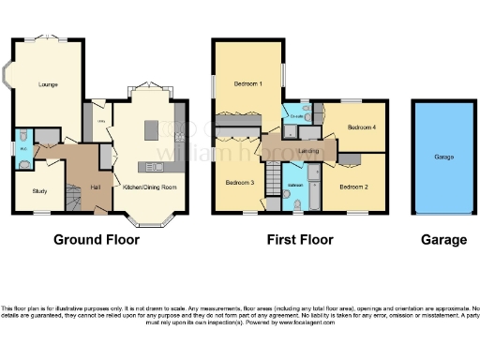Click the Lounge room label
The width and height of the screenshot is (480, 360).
click(x=48, y=85)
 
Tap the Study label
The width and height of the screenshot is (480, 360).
click(x=38, y=191)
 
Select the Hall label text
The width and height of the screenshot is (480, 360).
click(x=96, y=187)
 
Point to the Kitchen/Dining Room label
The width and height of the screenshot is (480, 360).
click(x=150, y=187)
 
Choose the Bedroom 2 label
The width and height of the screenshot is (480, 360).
click(x=352, y=187)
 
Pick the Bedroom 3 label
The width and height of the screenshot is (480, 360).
click(x=240, y=182)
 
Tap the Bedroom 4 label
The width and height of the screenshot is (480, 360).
click(x=361, y=127)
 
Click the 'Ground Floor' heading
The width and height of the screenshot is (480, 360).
click(x=97, y=240)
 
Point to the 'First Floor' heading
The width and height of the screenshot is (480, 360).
click(x=300, y=240)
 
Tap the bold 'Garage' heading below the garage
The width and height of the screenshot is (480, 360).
click(x=443, y=240)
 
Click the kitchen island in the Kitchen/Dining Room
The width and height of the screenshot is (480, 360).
click(x=151, y=130)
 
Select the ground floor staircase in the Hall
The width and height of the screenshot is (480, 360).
click(x=75, y=196)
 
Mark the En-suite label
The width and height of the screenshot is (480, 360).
click(x=295, y=116)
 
